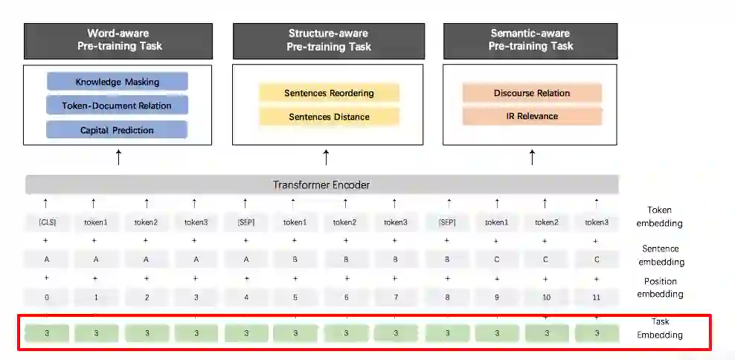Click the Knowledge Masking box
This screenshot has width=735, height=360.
pos(118,82)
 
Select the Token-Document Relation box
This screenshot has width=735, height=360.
pos(118,106)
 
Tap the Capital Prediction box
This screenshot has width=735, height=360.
pos(118,130)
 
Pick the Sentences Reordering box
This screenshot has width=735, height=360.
pos(329,93)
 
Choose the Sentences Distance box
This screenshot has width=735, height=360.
pos(329,117)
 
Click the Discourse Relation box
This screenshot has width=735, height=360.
pos(532,93)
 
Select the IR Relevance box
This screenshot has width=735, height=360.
pos(532,116)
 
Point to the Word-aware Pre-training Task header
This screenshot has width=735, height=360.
pos(118,40)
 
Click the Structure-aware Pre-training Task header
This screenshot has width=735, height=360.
pos(328,40)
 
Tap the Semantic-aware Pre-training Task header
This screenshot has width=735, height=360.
pos(531,40)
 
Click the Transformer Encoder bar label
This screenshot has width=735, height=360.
pos(321,184)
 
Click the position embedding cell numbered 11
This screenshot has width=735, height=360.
pos(596,297)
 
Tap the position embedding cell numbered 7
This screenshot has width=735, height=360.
pos(394,297)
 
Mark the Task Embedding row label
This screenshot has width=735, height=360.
pos(659,329)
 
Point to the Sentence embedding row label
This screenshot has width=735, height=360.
pos(660,255)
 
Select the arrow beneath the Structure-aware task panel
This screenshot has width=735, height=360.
pos(326,157)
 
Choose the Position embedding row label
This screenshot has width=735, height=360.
pos(660,287)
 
